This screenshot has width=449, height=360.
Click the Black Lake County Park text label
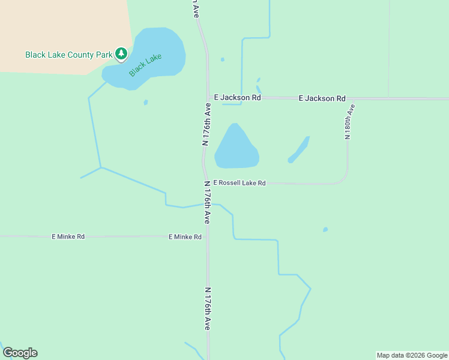click(x=68, y=55)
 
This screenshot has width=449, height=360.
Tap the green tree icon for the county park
click(x=122, y=54)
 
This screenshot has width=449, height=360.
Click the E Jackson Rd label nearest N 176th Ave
click(x=237, y=97)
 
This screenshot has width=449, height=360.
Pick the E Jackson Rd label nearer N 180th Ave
click(x=322, y=98)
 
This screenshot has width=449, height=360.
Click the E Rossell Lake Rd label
click(x=239, y=183)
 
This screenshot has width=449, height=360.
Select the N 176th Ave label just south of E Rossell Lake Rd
click(x=206, y=203)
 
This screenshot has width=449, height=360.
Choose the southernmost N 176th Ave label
click(x=207, y=309)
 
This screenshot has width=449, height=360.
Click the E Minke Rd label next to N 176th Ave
click(x=185, y=237)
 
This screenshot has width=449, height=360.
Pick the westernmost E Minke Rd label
click(x=68, y=237)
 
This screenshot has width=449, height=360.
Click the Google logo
click(x=20, y=353)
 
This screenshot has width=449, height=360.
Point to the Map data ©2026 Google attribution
click(x=412, y=355)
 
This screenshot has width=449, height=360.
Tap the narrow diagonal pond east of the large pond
click(x=299, y=149)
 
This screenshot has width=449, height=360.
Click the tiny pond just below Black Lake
click(x=145, y=103)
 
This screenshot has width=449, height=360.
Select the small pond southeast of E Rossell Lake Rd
click(x=325, y=229)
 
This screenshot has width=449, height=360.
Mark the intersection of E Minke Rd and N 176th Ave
click(x=207, y=236)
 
